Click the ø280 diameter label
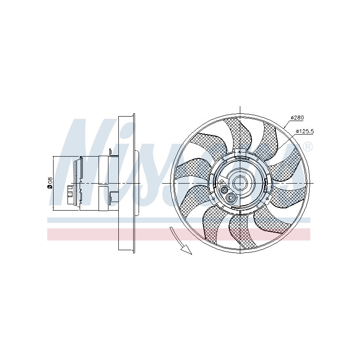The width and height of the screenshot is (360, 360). [297, 117]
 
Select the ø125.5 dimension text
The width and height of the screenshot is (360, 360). [305, 131]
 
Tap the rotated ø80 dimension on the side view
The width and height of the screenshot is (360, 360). [50, 183]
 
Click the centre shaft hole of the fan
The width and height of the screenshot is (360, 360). [240, 183]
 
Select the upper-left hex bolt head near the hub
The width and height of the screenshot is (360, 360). [225, 191]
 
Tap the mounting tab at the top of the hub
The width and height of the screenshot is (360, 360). [241, 153]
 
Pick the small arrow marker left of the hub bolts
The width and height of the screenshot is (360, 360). [221, 182]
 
